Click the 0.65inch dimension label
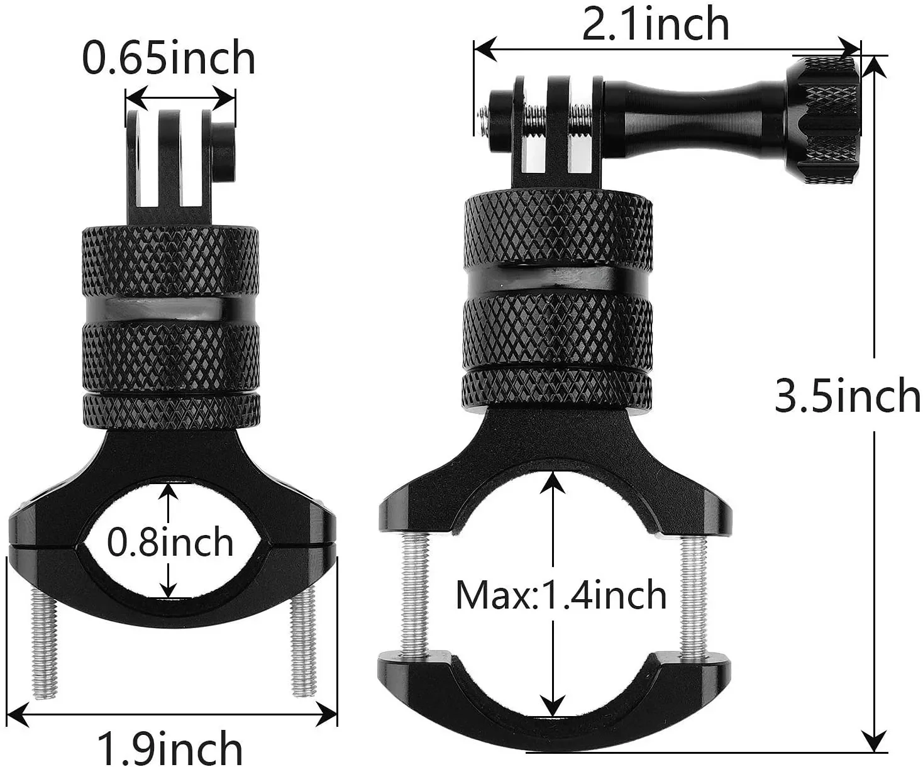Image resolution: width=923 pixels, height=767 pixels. pyautogui.click(x=169, y=58)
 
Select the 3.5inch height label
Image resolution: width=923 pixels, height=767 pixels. pyautogui.click(x=847, y=395)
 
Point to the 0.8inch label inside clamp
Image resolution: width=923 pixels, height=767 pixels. pyautogui.click(x=170, y=542)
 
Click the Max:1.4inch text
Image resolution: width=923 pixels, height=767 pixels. pyautogui.click(x=561, y=595)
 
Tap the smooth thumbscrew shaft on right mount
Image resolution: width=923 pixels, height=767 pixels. pyautogui.click(x=692, y=104)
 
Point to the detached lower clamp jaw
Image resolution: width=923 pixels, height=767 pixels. pyautogui.click(x=553, y=692)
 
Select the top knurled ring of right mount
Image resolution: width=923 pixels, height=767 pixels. pyautogui.click(x=557, y=229)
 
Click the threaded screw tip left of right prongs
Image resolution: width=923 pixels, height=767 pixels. pyautogui.click(x=484, y=114)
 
